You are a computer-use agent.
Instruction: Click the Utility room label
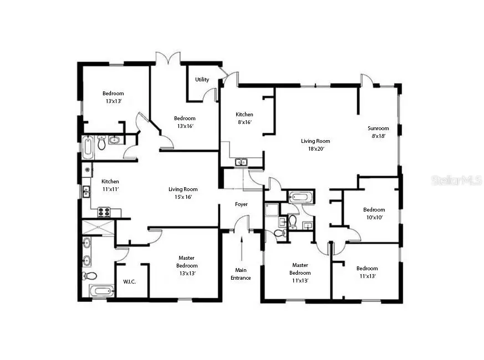(202, 80)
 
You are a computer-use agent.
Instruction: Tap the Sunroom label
(378, 128)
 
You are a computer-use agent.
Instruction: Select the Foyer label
(241, 204)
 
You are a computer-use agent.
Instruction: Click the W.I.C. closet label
(129, 282)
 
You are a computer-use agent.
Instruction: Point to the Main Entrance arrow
(242, 247)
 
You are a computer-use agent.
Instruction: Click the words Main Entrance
(241, 274)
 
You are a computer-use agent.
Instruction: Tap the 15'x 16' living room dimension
(183, 197)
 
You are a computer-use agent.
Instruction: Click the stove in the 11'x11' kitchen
(104, 212)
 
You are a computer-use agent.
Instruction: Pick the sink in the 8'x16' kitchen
(241, 162)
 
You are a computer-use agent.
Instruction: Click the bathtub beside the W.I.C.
(101, 291)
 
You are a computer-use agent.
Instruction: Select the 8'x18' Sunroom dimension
(378, 136)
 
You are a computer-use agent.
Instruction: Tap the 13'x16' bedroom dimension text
(185, 126)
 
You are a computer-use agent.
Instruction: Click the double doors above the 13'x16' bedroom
(167, 57)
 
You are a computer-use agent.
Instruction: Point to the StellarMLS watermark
(456, 180)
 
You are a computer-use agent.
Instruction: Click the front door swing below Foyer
(242, 223)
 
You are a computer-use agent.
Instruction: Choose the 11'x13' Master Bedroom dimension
(300, 280)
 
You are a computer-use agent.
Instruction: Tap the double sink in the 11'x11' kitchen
(86, 192)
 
